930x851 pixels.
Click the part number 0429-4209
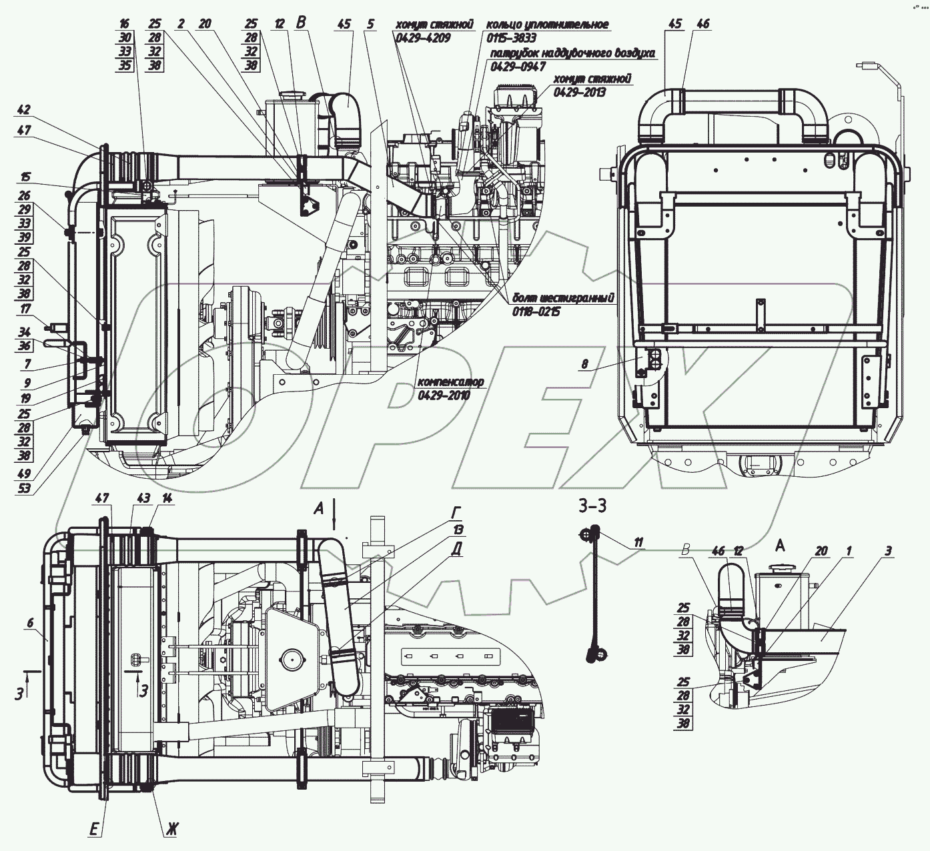(x=423, y=39)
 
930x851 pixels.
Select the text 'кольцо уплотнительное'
(x=547, y=25)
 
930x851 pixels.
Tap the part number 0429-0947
(x=518, y=66)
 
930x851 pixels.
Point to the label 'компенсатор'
(x=450, y=382)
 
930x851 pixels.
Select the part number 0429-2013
(x=579, y=92)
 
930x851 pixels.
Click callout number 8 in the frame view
(x=584, y=365)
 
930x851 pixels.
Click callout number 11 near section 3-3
(x=638, y=542)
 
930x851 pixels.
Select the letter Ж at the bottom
(x=171, y=830)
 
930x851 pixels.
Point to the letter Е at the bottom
(x=95, y=830)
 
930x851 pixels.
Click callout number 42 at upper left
(x=24, y=110)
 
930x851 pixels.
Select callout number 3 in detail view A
(x=888, y=551)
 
